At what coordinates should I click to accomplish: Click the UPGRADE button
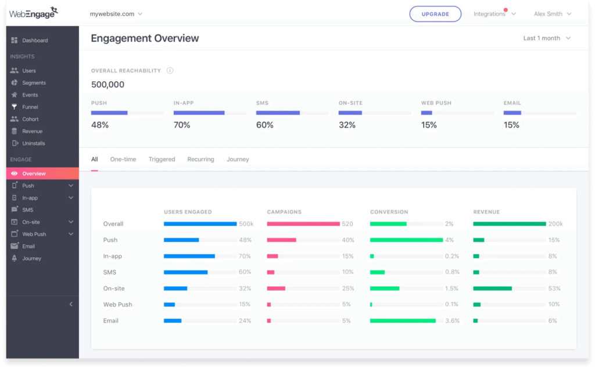coord(435,14)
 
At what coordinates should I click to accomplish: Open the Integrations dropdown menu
coord(493,14)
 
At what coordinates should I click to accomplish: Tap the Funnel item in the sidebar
coord(30,107)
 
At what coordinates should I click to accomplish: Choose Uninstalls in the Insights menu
coord(33,143)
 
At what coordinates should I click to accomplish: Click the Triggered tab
coord(162,160)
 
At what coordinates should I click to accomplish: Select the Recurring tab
coord(200,160)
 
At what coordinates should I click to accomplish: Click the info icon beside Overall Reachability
coord(170,71)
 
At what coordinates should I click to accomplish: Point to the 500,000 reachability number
coord(107,85)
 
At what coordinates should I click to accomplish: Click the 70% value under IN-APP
coord(182,125)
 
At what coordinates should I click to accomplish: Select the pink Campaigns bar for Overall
coord(303,224)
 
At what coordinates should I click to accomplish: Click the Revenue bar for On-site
coord(492,288)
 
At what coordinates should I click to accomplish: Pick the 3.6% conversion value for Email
coord(451,321)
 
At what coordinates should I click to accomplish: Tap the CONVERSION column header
coord(389,212)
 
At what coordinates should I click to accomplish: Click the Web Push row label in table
coord(117,305)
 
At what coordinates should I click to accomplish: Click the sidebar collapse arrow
coord(71,304)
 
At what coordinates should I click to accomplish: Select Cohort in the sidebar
coord(30,120)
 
